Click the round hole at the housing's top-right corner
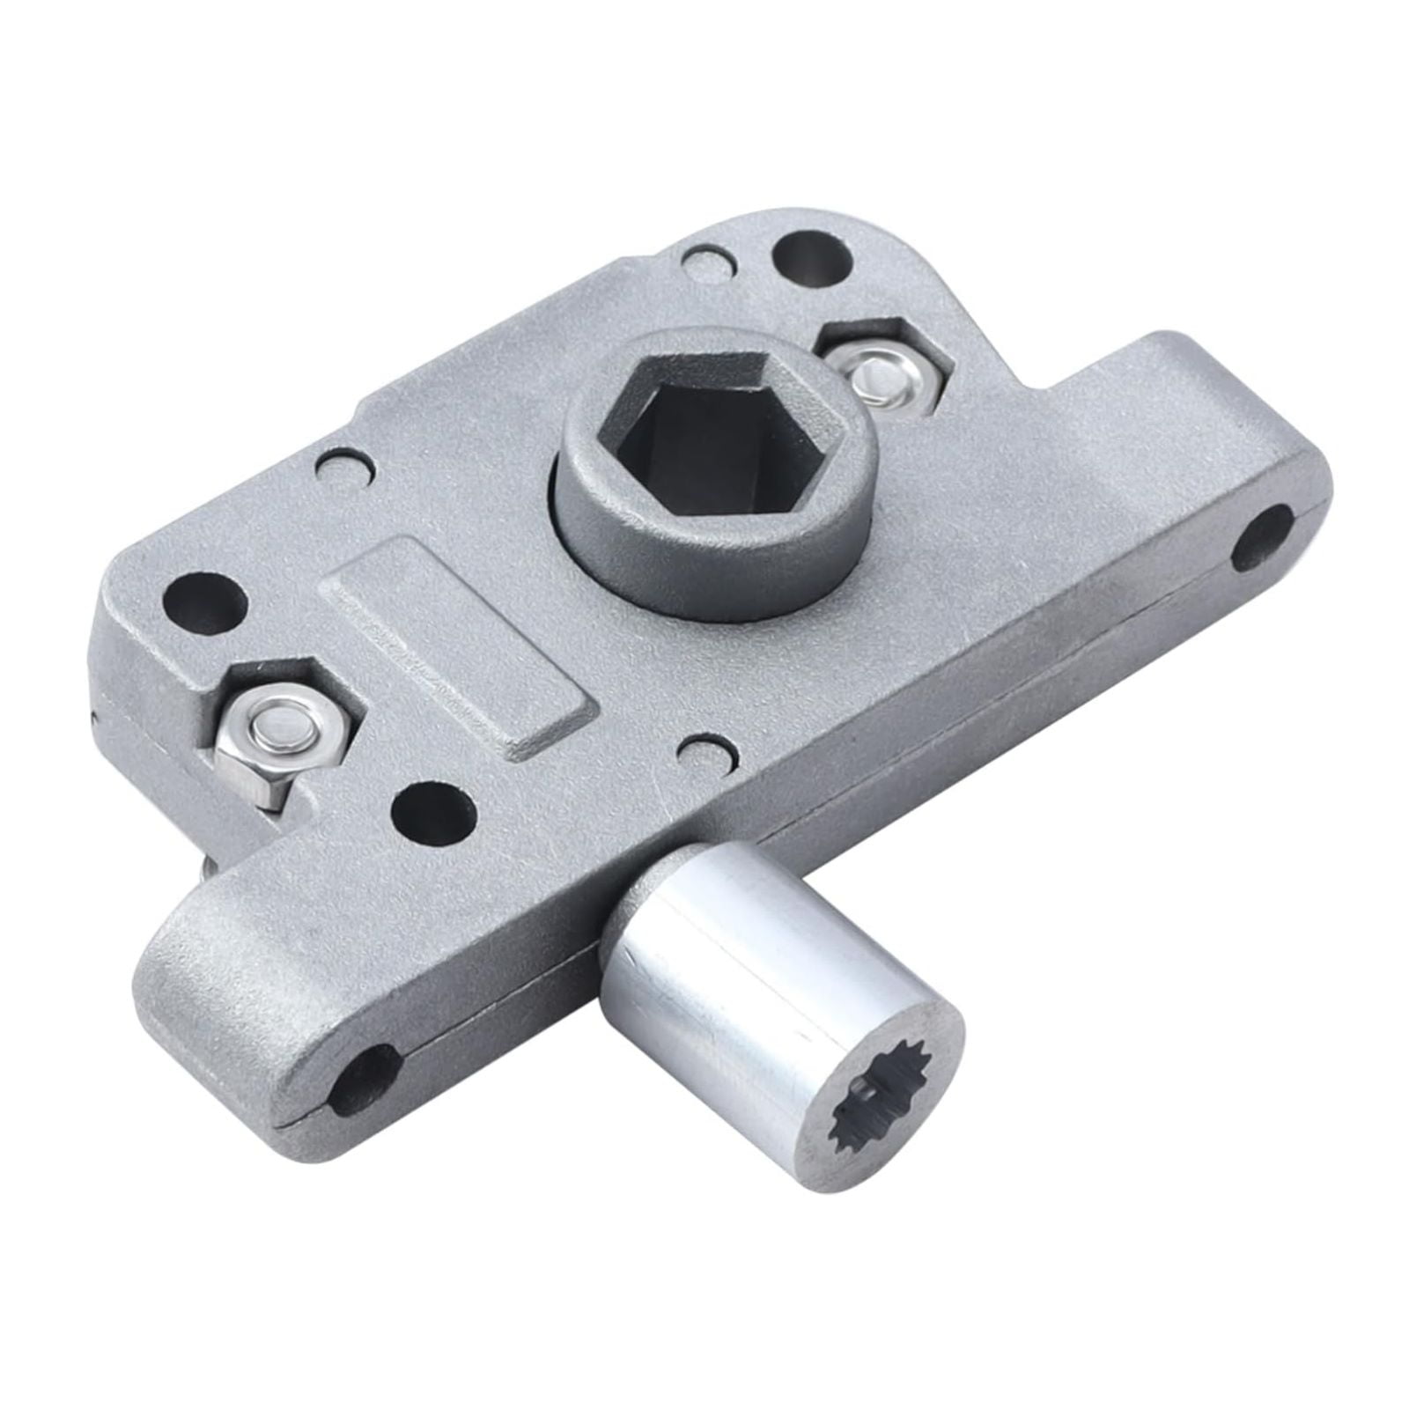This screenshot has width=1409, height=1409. click(x=812, y=255)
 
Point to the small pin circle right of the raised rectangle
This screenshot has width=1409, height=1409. click(x=706, y=750)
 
